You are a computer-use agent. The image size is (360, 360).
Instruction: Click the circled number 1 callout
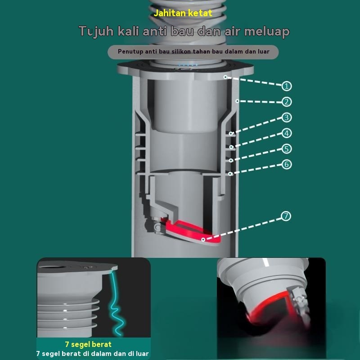point(287,86)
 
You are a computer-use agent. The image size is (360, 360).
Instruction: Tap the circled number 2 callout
point(287,102)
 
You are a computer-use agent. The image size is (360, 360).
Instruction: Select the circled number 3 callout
point(287,117)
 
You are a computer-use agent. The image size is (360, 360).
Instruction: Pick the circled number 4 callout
point(287,133)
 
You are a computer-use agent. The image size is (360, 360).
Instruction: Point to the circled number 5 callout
point(287,149)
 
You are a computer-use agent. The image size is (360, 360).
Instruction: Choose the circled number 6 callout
point(287,164)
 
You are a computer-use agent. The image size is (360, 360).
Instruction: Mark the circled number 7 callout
point(286,216)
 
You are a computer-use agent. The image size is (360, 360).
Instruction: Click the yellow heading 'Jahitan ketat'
point(183,13)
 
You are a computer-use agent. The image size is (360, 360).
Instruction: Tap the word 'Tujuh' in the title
point(96,31)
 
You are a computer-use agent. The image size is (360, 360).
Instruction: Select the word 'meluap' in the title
point(267,31)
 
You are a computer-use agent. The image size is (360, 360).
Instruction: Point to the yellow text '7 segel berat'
point(88,344)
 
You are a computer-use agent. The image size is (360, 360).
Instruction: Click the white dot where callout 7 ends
point(203,240)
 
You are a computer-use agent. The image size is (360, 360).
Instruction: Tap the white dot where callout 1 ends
point(225,77)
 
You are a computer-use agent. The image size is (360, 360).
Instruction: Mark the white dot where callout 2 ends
point(238,101)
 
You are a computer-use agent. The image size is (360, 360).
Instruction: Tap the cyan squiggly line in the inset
point(117,306)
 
